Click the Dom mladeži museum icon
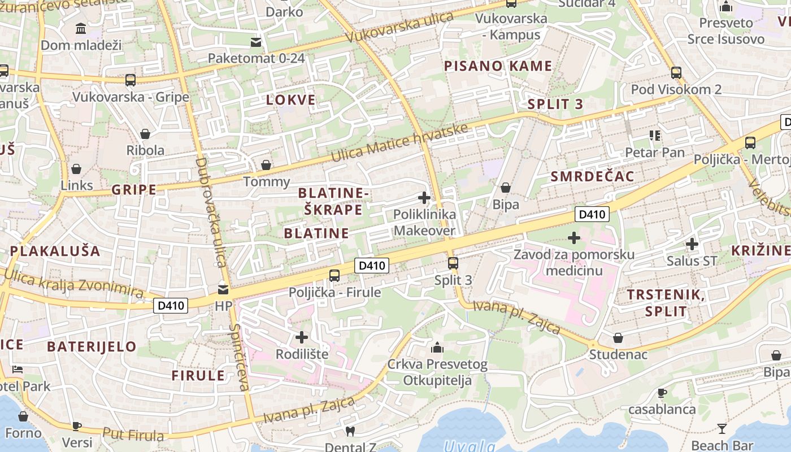(81, 28)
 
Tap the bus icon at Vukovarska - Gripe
(131, 80)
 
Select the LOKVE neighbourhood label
(290, 101)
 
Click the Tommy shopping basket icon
(266, 165)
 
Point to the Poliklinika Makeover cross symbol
(424, 198)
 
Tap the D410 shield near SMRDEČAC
(592, 214)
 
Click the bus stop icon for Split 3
(453, 263)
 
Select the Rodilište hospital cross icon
(302, 337)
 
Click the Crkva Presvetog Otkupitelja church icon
(437, 347)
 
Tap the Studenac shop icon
(618, 338)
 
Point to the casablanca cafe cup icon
(662, 392)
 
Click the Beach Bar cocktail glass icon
(722, 428)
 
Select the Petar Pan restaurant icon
(655, 135)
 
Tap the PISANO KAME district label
(498, 66)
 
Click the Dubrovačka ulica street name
(210, 212)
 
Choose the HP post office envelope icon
(223, 290)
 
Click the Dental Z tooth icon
(350, 431)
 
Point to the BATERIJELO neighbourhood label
(92, 346)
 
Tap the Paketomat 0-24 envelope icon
(256, 41)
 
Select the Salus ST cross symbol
(692, 244)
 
